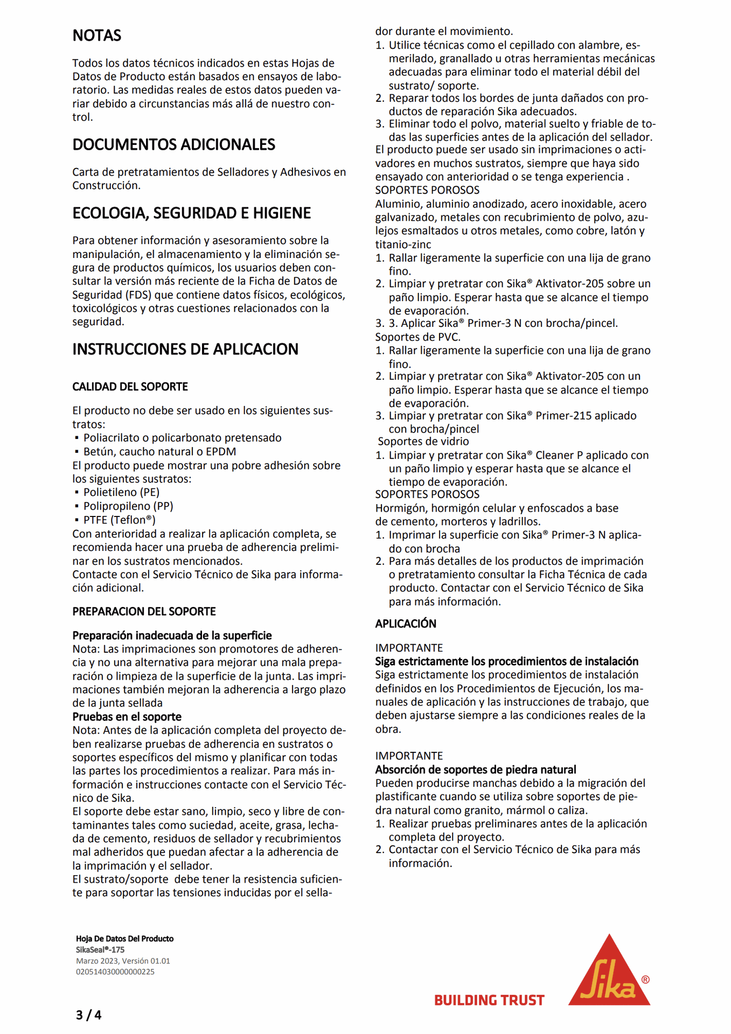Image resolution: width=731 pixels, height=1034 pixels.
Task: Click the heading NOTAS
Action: coord(97,36)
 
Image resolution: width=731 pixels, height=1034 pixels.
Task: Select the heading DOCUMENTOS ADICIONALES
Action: coord(173,145)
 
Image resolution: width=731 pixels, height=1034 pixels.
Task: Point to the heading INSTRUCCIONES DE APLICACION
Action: coord(185,350)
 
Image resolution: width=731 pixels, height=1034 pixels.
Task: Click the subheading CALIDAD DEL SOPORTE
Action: coord(130,387)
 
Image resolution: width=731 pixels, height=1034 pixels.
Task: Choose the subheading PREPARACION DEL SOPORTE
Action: coord(144,611)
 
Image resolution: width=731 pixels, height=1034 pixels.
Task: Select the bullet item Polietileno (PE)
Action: coord(121,492)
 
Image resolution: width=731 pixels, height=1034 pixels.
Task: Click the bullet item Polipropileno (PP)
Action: coord(128,506)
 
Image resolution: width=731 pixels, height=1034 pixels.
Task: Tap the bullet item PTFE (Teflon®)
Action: coord(119,520)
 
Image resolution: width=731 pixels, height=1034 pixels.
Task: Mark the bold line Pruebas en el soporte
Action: coord(127,717)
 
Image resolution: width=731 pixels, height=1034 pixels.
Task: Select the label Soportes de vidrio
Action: coord(423,442)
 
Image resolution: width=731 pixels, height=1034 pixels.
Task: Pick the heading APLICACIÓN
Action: coord(406,624)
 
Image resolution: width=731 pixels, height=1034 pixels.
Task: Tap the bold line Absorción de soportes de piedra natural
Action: coord(476,770)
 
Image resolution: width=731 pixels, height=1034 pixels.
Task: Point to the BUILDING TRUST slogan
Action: coord(489,1001)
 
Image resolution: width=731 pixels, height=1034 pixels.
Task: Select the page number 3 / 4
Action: coord(88,1015)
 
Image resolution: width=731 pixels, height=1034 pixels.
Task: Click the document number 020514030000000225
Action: coord(115,972)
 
